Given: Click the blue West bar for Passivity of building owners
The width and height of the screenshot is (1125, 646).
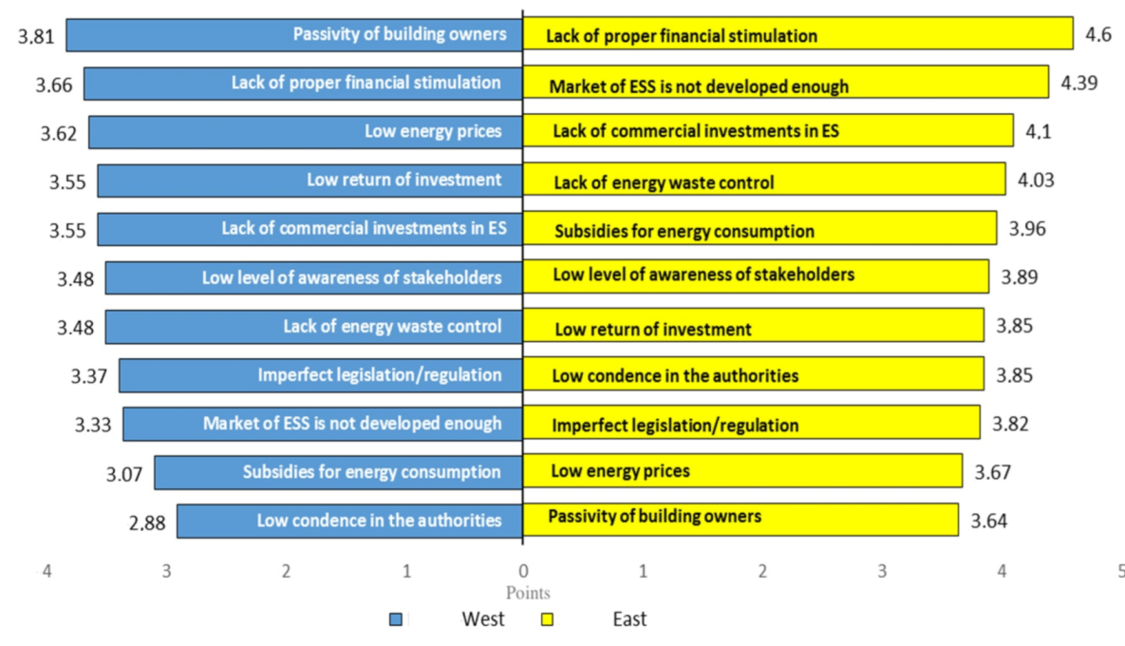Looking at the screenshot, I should coord(294,35).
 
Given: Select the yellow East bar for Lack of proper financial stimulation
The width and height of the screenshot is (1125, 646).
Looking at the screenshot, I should coord(797,35).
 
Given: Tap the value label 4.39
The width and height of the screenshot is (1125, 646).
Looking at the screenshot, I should coord(1079,82).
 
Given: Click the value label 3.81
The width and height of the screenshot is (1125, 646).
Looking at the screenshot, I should coord(36,37).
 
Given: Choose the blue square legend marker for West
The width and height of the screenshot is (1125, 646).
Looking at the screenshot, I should coord(397,619).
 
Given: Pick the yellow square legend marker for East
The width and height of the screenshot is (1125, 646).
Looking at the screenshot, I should coord(547,619).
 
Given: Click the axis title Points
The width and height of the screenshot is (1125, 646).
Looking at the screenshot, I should coord(528,594).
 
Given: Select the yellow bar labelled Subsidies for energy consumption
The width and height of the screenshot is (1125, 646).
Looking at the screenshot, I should coord(759,230).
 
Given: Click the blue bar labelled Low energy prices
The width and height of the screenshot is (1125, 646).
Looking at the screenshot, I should coord(306,132).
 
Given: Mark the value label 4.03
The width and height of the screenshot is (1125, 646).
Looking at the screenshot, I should coord(1036,180).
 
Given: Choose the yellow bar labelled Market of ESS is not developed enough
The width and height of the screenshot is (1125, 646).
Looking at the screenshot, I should coord(785,85).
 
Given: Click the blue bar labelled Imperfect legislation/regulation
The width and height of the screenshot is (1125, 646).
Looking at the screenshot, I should coord(321,374).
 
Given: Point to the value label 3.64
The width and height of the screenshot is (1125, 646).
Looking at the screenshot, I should coord(988,520).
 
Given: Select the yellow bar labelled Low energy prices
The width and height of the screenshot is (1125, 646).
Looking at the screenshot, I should coord(742,470).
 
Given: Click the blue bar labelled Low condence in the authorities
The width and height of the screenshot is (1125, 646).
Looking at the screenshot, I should coord(349,521).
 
